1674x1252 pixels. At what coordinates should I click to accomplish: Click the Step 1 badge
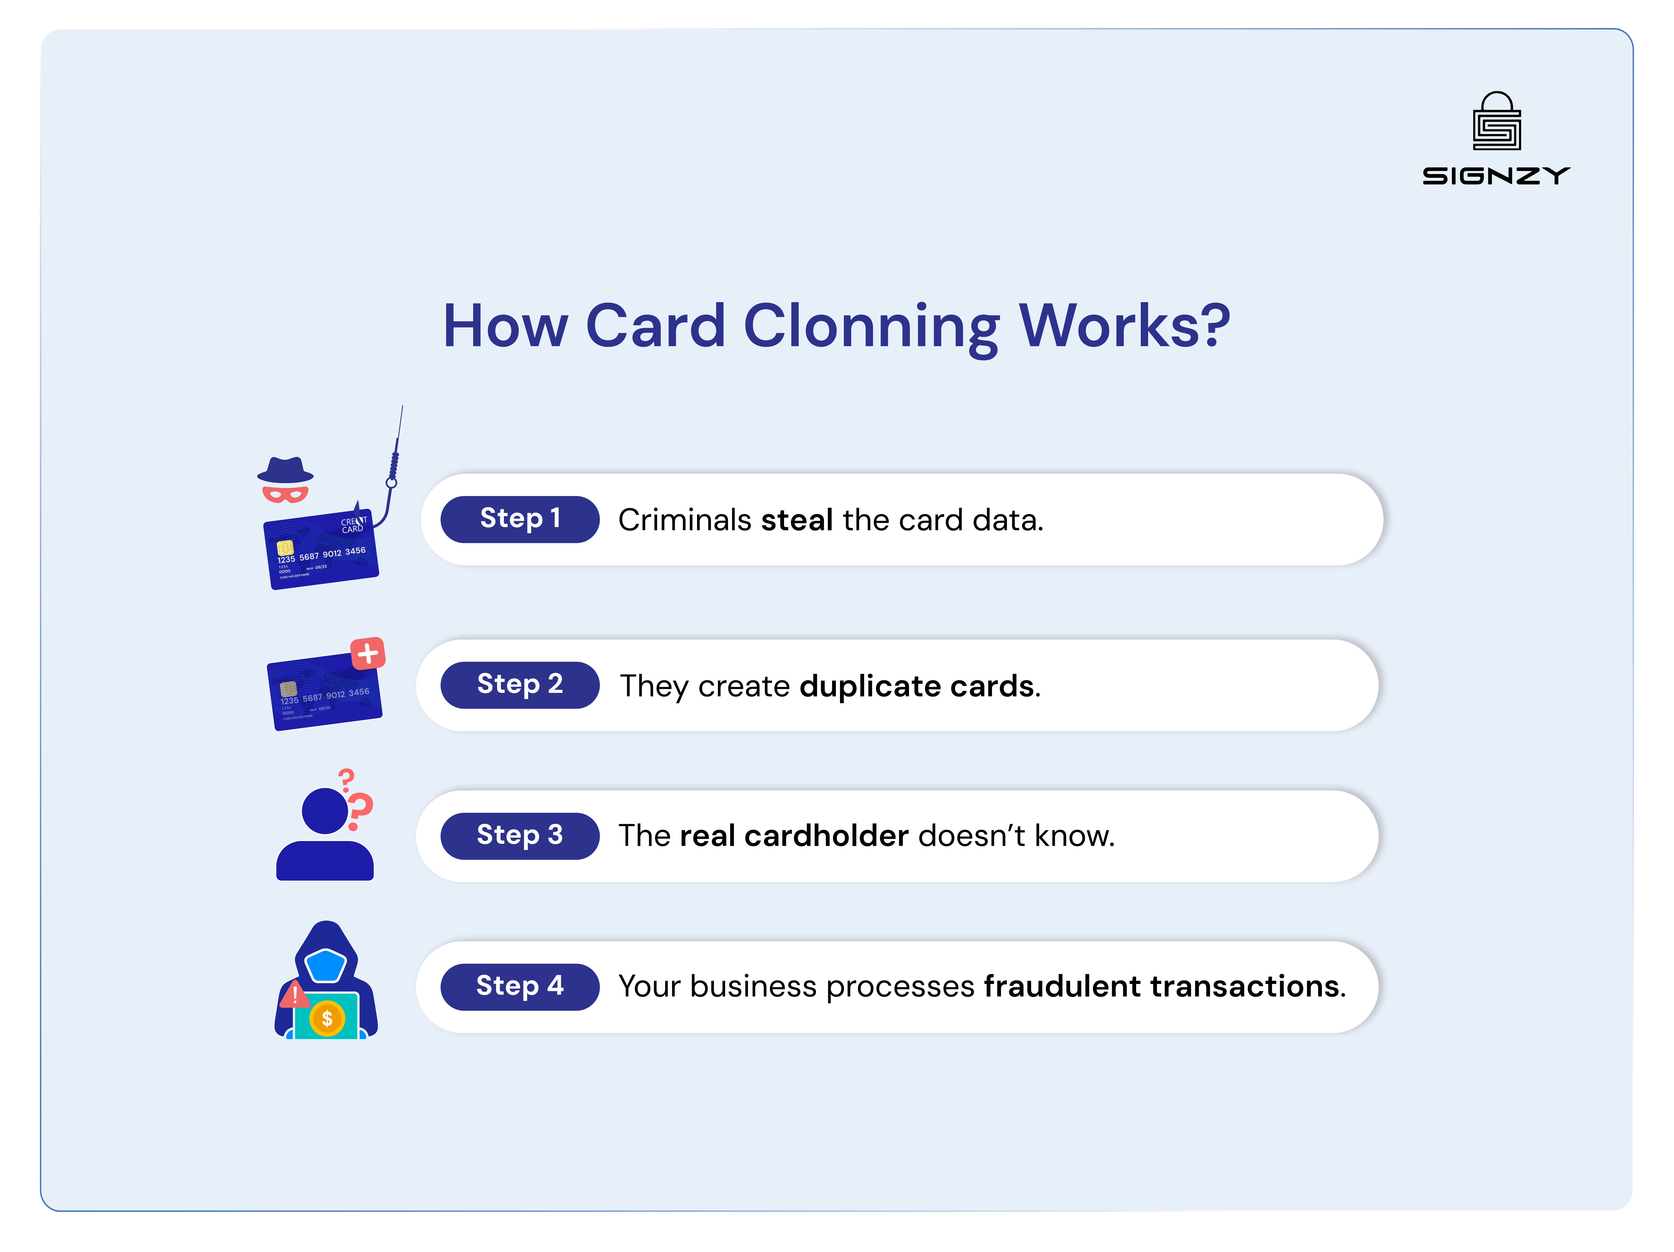tap(520, 519)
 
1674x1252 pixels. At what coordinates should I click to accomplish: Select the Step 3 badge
tap(520, 836)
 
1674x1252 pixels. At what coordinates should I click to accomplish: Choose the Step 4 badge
tap(520, 986)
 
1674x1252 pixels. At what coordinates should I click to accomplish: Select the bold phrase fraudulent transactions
tap(1162, 987)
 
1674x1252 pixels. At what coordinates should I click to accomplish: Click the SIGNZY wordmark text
tap(1496, 176)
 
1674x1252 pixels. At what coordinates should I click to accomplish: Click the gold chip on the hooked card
tap(285, 547)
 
